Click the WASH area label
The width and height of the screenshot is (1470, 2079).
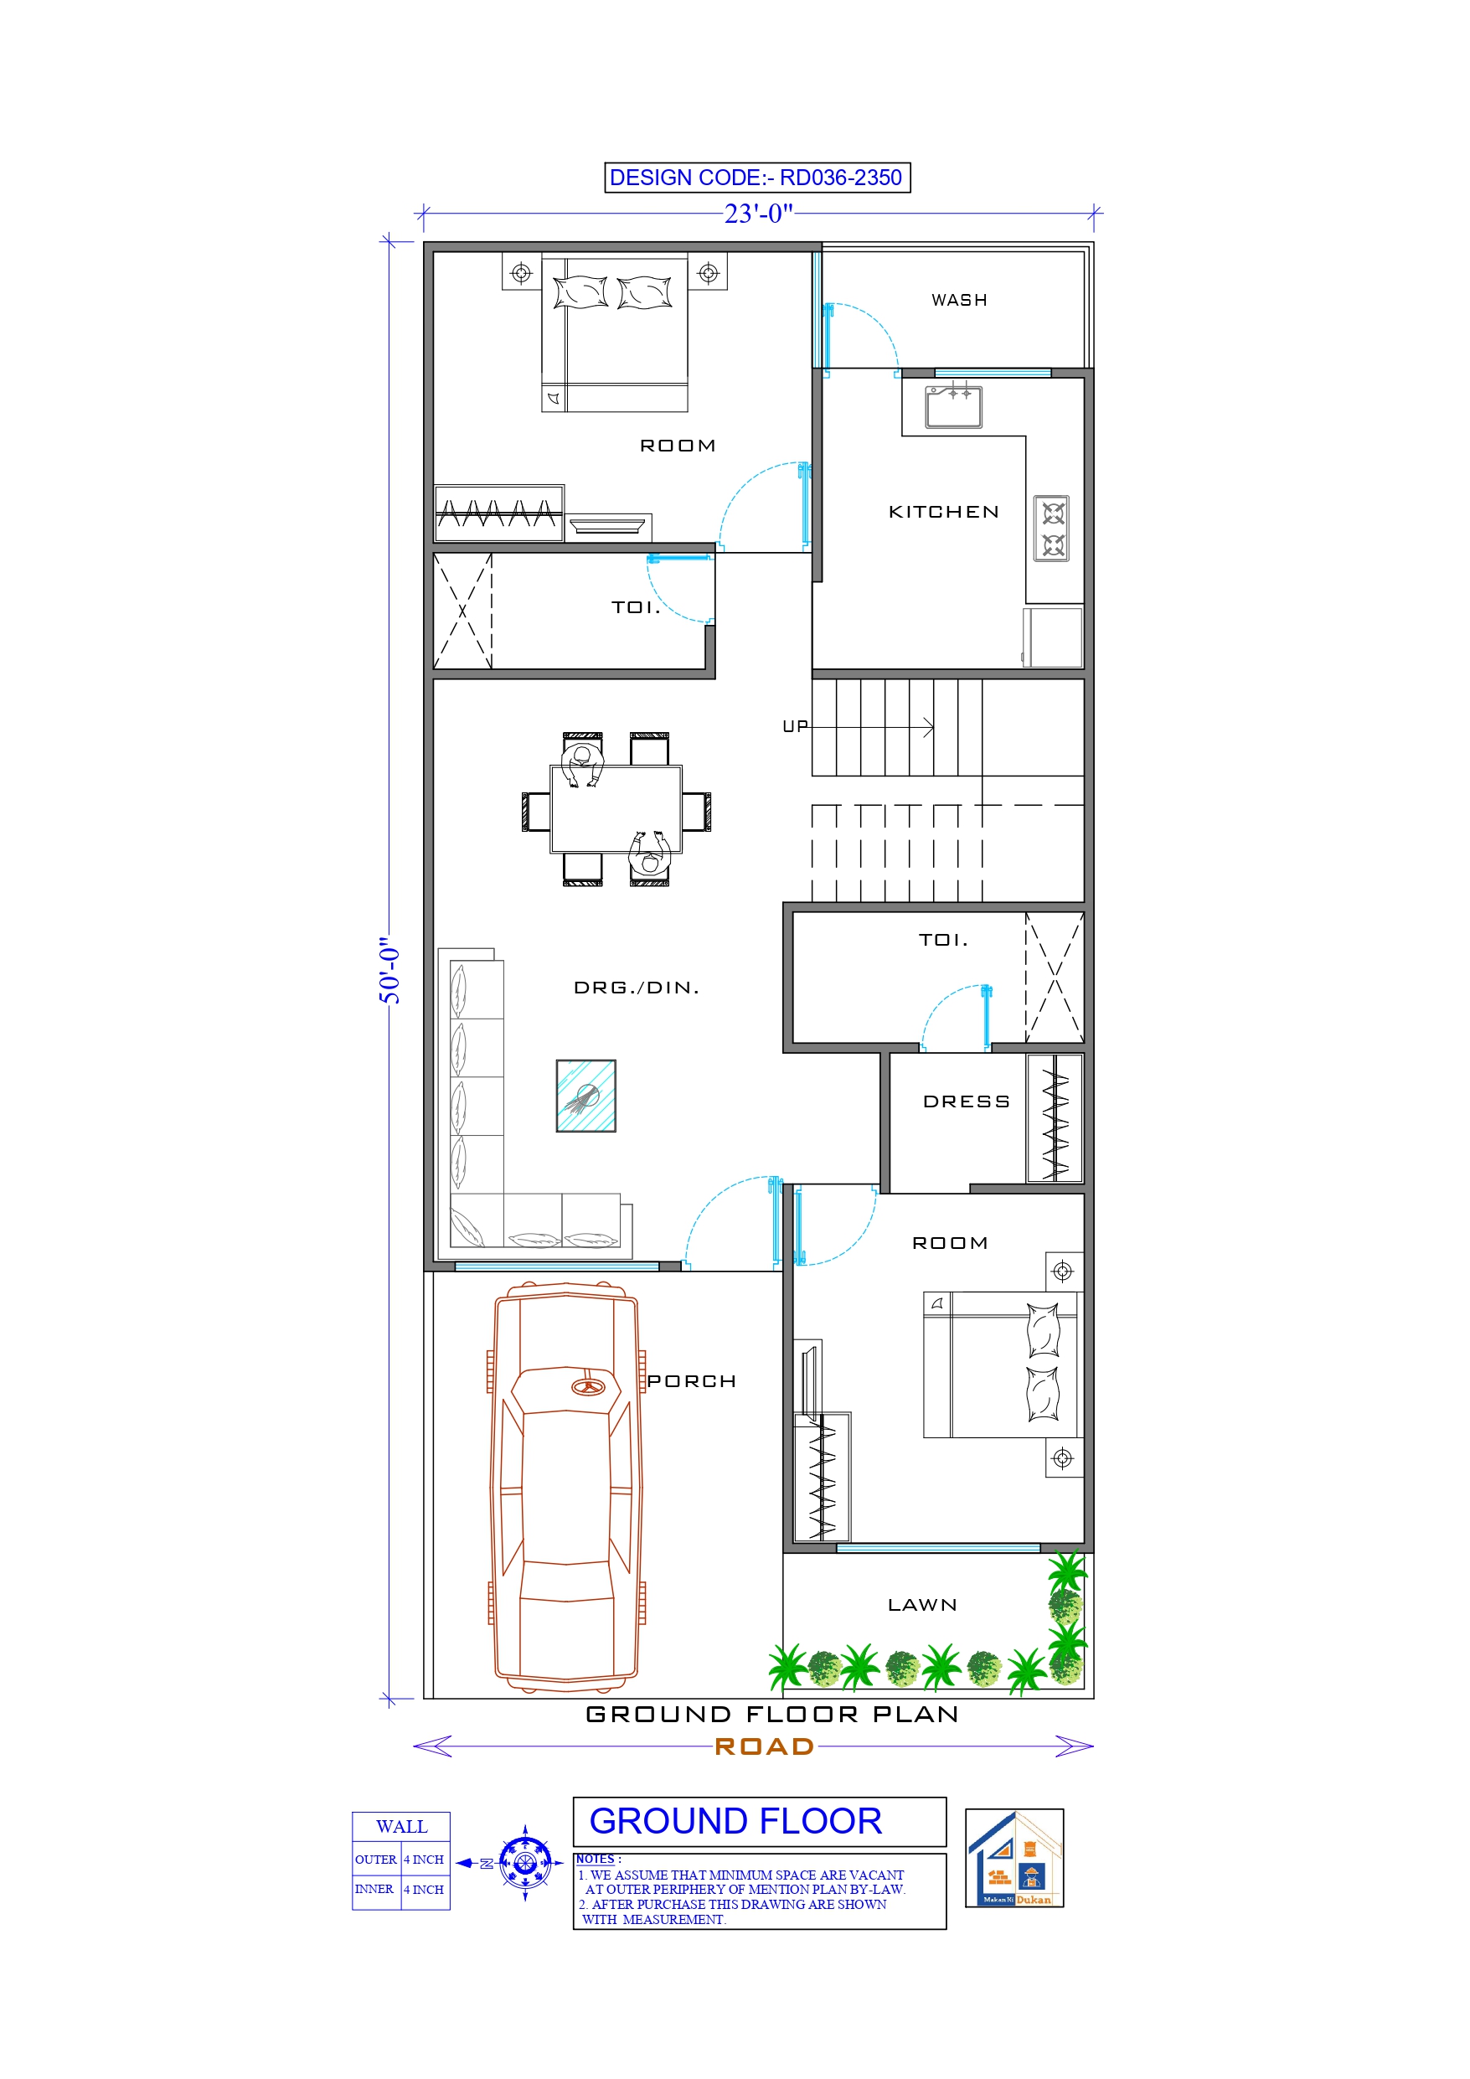click(x=958, y=300)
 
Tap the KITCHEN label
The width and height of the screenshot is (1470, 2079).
click(x=944, y=512)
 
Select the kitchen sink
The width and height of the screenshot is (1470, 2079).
click(x=953, y=406)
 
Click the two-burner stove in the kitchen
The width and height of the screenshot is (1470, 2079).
click(x=1051, y=529)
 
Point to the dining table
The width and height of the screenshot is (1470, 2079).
click(x=616, y=808)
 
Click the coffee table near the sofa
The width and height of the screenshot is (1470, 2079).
click(x=586, y=1096)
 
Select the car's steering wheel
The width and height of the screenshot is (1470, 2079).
click(x=589, y=1386)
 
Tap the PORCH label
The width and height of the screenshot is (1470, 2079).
click(x=691, y=1381)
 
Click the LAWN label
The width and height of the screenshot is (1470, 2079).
click(x=922, y=1605)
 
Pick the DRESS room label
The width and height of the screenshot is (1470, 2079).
click(x=966, y=1101)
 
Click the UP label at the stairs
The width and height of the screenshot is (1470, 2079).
click(x=794, y=726)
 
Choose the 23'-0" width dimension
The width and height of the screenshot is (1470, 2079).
click(x=758, y=214)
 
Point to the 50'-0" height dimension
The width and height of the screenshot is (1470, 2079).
click(x=389, y=970)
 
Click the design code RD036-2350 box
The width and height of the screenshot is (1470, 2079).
click(x=756, y=178)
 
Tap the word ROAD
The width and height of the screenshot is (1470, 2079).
click(x=765, y=1746)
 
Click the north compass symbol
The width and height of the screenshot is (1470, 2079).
click(x=525, y=1863)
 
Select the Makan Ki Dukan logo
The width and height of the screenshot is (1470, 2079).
click(x=1014, y=1858)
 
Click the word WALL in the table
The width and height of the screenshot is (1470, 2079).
click(x=401, y=1826)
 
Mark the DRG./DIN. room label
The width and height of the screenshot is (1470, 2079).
click(x=637, y=987)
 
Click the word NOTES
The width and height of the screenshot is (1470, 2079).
click(x=595, y=1859)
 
